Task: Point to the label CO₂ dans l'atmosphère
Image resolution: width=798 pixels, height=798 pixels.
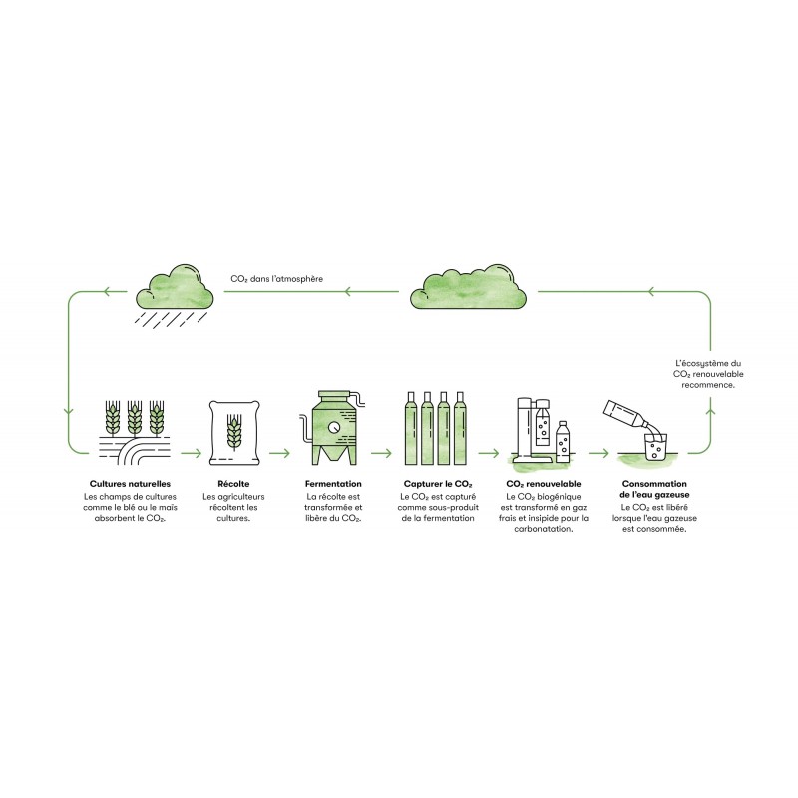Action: coord(277,279)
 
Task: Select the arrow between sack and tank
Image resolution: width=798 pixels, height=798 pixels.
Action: coord(280,453)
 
